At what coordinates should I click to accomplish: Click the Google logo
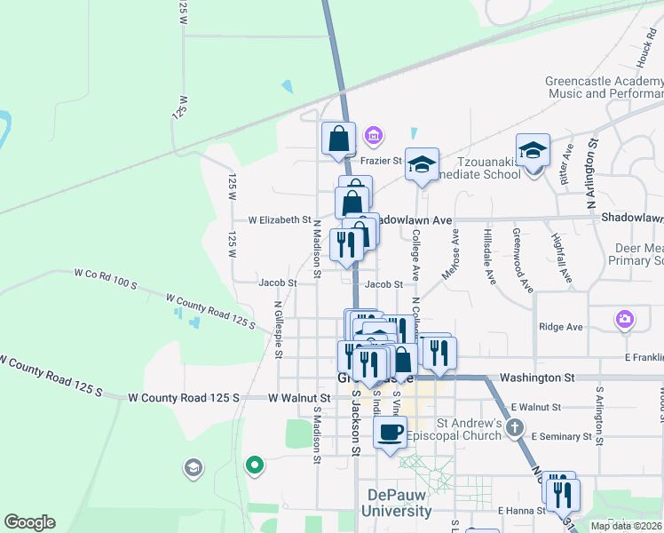pos(29,522)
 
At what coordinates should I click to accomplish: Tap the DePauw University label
pos(396,503)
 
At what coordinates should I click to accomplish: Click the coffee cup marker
pos(390,434)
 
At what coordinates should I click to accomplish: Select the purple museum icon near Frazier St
pos(374,136)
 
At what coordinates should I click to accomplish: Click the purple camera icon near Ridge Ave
pos(625,319)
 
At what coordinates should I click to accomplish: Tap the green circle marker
pos(254,464)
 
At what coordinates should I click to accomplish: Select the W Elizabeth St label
pos(279,219)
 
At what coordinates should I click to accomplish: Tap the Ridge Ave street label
pos(561,327)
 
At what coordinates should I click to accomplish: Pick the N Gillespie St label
pos(278,329)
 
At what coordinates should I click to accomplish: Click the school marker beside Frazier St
pos(423,164)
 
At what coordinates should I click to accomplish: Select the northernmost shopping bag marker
pos(338,139)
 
